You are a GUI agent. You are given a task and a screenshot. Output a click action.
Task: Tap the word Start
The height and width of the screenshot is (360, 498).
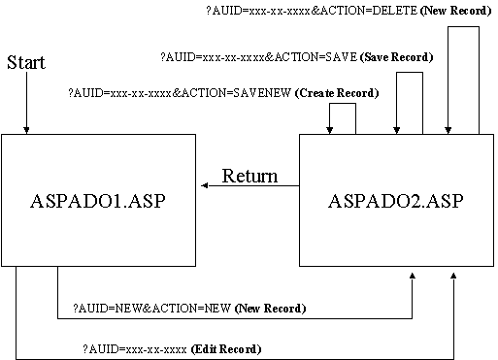click(26, 63)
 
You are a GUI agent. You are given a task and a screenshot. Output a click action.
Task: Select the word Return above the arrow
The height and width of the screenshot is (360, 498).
click(249, 177)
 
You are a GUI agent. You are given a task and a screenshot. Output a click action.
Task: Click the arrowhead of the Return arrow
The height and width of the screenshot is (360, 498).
click(206, 184)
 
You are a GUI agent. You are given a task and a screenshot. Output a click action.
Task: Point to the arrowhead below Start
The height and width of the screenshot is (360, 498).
click(26, 129)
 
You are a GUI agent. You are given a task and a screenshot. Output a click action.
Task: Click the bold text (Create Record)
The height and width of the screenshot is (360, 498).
click(336, 92)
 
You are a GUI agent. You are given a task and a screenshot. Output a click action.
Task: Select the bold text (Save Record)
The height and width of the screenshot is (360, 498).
click(396, 57)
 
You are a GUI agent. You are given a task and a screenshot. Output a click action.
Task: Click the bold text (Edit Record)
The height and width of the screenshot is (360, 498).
click(226, 347)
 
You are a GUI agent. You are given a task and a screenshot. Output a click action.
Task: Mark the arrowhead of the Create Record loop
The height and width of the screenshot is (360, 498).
click(331, 129)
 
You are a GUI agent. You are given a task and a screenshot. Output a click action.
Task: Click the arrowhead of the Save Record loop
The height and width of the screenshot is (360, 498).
click(395, 129)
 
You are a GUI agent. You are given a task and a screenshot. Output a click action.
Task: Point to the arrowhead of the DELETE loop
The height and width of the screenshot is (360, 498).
click(448, 129)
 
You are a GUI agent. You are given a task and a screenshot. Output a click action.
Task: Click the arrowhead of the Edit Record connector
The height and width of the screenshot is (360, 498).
click(453, 278)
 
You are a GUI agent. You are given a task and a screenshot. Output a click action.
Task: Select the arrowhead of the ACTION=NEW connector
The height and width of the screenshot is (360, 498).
click(413, 278)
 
